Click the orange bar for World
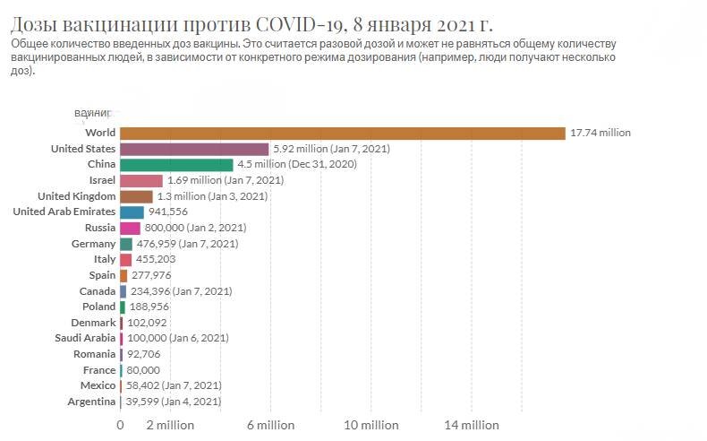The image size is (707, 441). pos(342,133)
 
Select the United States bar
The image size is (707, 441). pos(193,149)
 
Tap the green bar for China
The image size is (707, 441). pos(175,165)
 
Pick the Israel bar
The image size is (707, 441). pos(141,180)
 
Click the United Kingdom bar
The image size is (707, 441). pos(136,196)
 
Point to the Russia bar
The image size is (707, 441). pos(130,228)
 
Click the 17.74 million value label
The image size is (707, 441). pos(601,133)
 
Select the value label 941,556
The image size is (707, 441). pos(167,212)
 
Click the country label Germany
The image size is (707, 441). pos(93,244)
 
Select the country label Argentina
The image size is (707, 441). pos(91,402)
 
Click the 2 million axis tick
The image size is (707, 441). pos(169,425)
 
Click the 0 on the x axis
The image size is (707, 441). pos(120,425)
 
